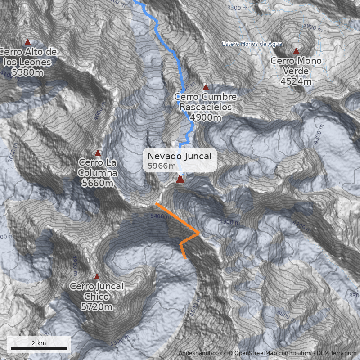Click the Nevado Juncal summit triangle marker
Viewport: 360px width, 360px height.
[x=180, y=180]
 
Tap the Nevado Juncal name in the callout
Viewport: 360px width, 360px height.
[x=180, y=156]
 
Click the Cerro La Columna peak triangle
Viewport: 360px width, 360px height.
[x=98, y=153]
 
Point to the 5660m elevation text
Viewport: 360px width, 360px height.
[x=98, y=183]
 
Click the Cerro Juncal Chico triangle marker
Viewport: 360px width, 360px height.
[x=97, y=277]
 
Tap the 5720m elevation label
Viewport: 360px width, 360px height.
[x=97, y=307]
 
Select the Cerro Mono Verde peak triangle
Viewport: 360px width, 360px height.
[x=296, y=51]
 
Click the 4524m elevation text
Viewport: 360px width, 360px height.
[x=296, y=81]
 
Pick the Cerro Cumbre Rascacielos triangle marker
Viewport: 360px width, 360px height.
[x=206, y=87]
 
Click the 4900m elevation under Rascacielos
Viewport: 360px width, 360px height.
[x=206, y=117]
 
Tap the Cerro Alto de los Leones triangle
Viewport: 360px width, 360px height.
[x=28, y=42]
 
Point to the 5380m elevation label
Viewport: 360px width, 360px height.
[x=28, y=72]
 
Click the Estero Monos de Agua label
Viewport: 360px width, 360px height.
[x=252, y=44]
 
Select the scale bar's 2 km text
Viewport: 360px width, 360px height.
[x=39, y=343]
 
